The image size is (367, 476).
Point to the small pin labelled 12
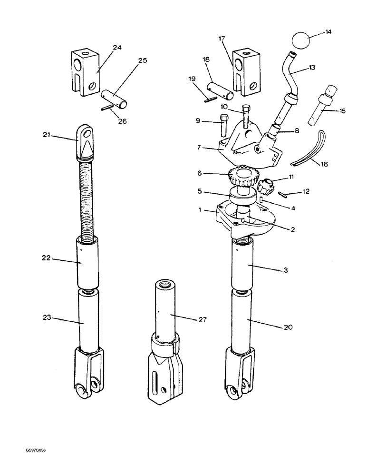pyautogui.click(x=283, y=194)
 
